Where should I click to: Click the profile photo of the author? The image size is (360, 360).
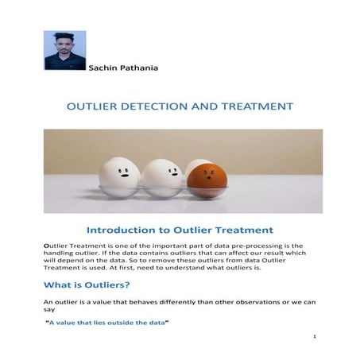pos(64,51)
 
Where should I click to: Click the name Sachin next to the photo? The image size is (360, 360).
pos(105,68)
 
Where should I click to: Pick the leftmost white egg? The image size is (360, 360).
pos(118,175)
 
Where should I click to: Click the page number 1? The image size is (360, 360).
pos(315,337)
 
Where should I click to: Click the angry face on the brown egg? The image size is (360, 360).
pos(209,173)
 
